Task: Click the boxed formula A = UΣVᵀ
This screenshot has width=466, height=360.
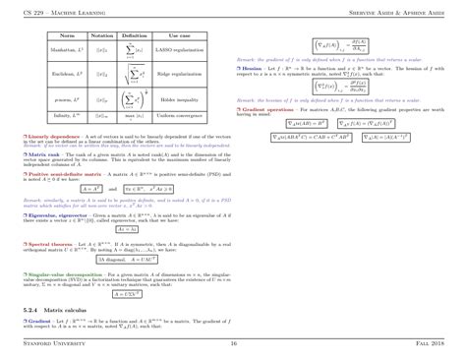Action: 128,292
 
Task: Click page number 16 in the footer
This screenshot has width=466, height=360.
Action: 233,343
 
